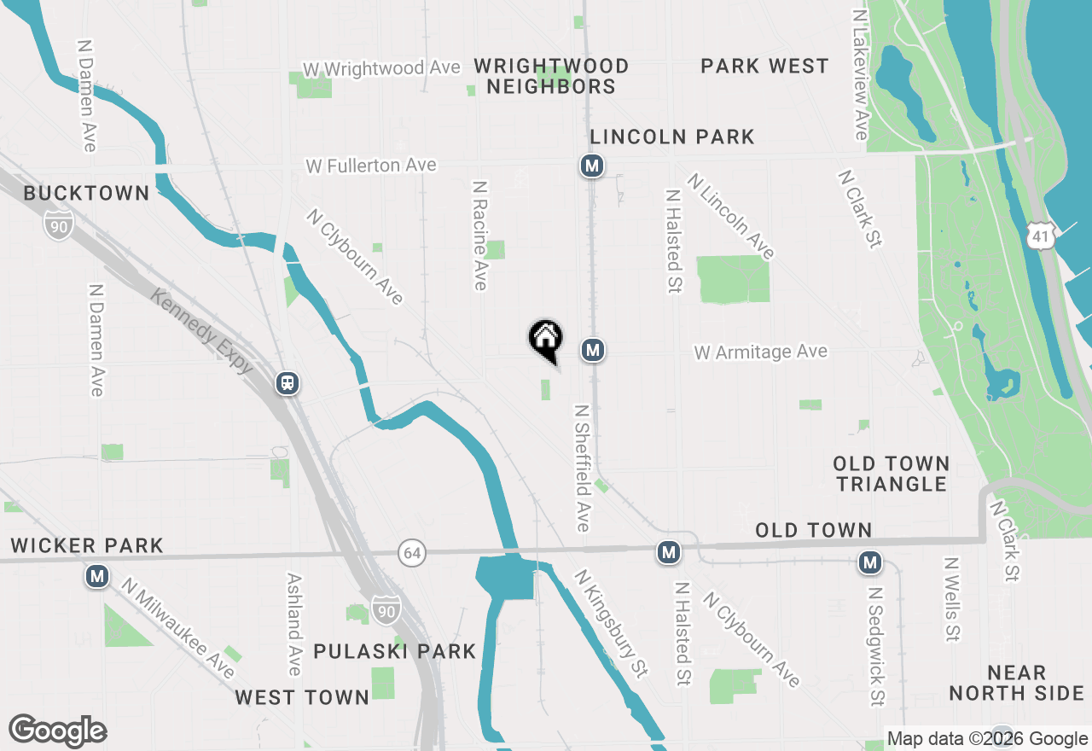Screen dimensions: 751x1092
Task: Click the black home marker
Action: point(546,339)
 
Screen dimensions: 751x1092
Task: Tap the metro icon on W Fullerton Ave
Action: point(592,166)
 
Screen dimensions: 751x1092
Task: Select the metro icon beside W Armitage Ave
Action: point(594,350)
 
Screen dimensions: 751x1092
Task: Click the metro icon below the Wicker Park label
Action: point(97,577)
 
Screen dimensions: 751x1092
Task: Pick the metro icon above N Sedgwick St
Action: point(870,562)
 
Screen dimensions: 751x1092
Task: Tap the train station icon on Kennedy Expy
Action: point(288,383)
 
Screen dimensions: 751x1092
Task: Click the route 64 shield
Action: point(412,553)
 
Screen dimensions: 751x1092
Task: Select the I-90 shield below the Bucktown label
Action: point(59,224)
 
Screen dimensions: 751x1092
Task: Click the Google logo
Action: point(57,731)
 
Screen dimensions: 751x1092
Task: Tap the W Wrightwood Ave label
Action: point(383,68)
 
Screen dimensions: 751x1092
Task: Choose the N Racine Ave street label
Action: point(480,235)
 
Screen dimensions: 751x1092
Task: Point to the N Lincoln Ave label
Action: point(732,217)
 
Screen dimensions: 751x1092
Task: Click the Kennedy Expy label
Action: point(203,331)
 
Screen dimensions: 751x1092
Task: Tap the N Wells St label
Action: point(952,600)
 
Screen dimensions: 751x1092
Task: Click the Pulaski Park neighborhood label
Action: point(394,652)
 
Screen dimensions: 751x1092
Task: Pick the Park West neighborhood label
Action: point(764,67)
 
